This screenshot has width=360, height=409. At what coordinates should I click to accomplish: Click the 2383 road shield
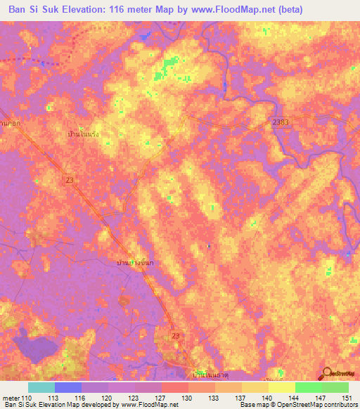pos(281,122)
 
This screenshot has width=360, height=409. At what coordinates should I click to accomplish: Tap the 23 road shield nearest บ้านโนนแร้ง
pos(74,181)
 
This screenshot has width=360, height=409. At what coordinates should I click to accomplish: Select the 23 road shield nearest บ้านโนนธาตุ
pos(176,337)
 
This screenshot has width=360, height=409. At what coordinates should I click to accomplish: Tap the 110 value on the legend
pos(27,397)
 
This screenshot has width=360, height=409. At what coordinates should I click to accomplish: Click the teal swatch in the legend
pos(41,387)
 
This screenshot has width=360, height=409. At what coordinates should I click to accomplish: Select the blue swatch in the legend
pos(68,387)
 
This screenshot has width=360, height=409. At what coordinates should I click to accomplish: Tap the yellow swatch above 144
pos(281,387)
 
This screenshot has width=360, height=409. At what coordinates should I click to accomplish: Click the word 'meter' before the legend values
pos(11,397)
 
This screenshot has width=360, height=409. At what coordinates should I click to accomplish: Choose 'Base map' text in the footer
pos(255,405)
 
